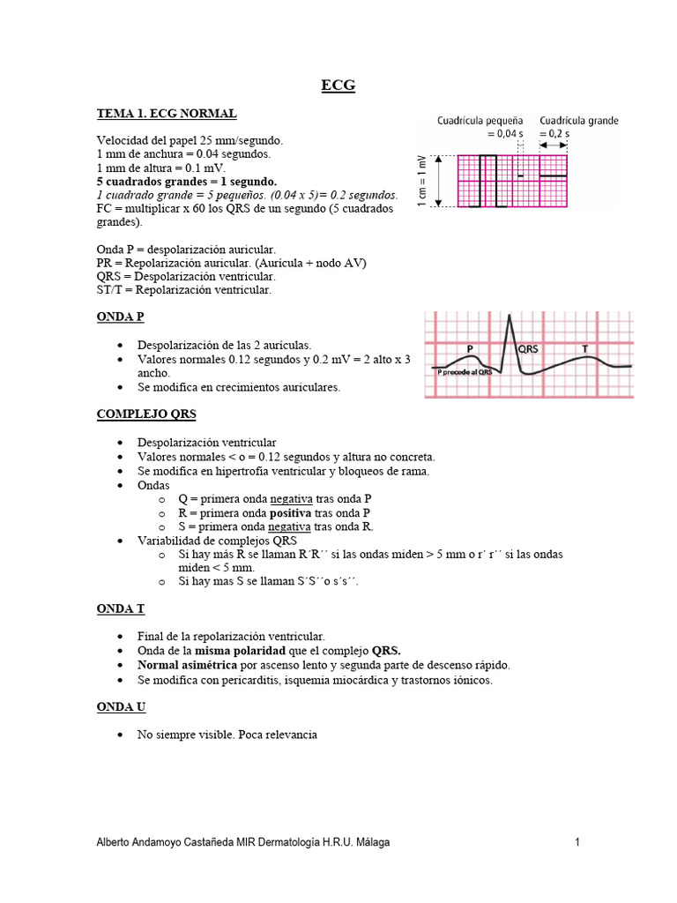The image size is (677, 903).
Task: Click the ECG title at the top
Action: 338,86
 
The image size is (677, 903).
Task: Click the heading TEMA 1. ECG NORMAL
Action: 166,114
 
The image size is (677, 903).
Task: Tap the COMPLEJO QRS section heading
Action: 145,414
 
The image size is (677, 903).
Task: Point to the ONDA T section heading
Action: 120,608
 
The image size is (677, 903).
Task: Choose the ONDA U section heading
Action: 121,707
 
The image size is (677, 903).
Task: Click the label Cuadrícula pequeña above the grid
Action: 480,121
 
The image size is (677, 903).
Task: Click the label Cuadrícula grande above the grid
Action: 578,121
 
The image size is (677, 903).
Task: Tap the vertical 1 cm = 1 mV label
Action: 422,182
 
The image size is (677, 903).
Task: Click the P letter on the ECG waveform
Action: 471,349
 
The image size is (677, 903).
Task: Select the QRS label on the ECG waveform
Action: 528,349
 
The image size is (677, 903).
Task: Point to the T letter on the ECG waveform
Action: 585,349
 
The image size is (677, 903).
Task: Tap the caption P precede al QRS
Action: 465,372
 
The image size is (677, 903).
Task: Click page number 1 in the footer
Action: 577,843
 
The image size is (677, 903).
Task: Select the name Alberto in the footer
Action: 115,843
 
